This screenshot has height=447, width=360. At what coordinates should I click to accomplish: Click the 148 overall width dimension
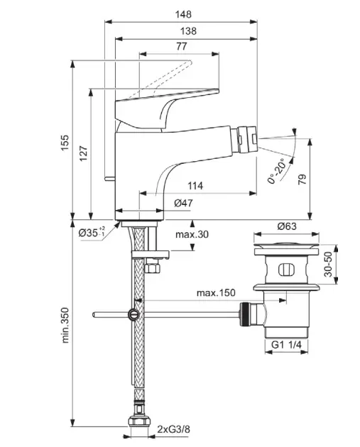point(183,14)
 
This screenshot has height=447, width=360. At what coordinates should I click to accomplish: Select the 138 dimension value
point(188,31)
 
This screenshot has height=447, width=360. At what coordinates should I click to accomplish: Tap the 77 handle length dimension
point(182,46)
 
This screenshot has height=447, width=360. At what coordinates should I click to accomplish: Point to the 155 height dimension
point(65,143)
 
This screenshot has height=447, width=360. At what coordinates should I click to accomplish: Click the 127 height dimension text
point(83,154)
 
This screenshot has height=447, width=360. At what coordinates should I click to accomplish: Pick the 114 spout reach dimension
point(195,186)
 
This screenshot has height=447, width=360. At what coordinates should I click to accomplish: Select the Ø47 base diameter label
point(183,203)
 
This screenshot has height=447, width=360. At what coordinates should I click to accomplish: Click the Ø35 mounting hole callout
point(92,232)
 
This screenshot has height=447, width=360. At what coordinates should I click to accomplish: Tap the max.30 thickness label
point(192,234)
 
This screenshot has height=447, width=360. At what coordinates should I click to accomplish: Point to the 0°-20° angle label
point(276,171)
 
